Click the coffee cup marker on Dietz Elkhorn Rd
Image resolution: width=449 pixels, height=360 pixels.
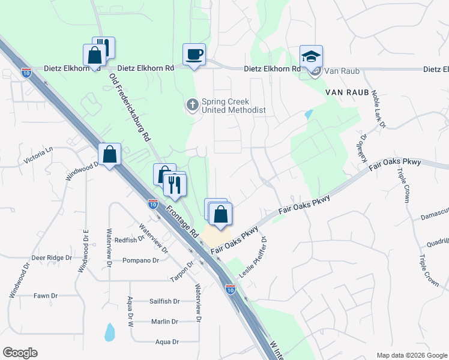click(x=194, y=55)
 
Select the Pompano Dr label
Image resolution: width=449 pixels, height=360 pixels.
click(x=140, y=260)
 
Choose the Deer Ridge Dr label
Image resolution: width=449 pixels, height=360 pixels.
click(x=52, y=257)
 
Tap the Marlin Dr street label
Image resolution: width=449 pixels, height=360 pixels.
click(x=164, y=322)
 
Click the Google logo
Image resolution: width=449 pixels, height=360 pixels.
click(x=20, y=353)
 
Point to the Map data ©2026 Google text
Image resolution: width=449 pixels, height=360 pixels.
click(x=411, y=355)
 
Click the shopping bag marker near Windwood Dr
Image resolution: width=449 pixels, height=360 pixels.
click(x=110, y=155)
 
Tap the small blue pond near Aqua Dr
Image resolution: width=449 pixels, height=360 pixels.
click(x=109, y=331)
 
